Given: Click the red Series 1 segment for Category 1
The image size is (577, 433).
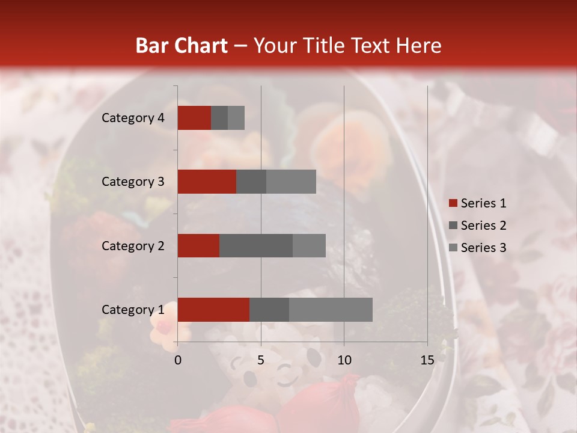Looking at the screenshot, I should tap(213, 309).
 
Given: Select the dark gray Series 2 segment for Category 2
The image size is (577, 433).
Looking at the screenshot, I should tap(256, 245).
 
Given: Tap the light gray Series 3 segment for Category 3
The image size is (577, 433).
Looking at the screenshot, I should tap(291, 182).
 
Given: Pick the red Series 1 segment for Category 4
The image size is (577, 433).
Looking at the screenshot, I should tap(194, 118).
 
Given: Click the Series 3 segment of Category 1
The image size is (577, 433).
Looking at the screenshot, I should tap(331, 309).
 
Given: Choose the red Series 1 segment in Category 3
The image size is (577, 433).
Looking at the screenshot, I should tap(207, 182).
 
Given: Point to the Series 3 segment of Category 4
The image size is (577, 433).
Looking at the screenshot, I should tap(236, 118).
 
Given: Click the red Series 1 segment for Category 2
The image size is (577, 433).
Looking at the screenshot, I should tap(198, 245).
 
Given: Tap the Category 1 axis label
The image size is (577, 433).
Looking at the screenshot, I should tap(133, 310).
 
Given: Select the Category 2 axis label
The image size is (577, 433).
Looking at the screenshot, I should tap(133, 246).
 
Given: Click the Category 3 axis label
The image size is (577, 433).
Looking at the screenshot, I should tap(133, 182).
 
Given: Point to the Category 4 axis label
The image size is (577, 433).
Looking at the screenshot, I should tap(133, 118).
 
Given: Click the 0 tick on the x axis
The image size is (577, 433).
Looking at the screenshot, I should tap(178, 360).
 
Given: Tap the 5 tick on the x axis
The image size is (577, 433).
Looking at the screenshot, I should tap(261, 360).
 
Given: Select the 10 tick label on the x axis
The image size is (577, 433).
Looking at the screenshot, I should tap(344, 360).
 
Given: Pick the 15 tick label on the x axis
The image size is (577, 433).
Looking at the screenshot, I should tap(427, 360).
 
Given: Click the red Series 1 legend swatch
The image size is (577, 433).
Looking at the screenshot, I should tap(453, 203).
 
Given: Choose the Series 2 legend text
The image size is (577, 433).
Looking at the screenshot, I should tap(484, 226).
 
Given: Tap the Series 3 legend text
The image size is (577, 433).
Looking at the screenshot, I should tap(484, 248).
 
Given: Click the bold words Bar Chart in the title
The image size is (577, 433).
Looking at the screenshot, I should tap(182, 46).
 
